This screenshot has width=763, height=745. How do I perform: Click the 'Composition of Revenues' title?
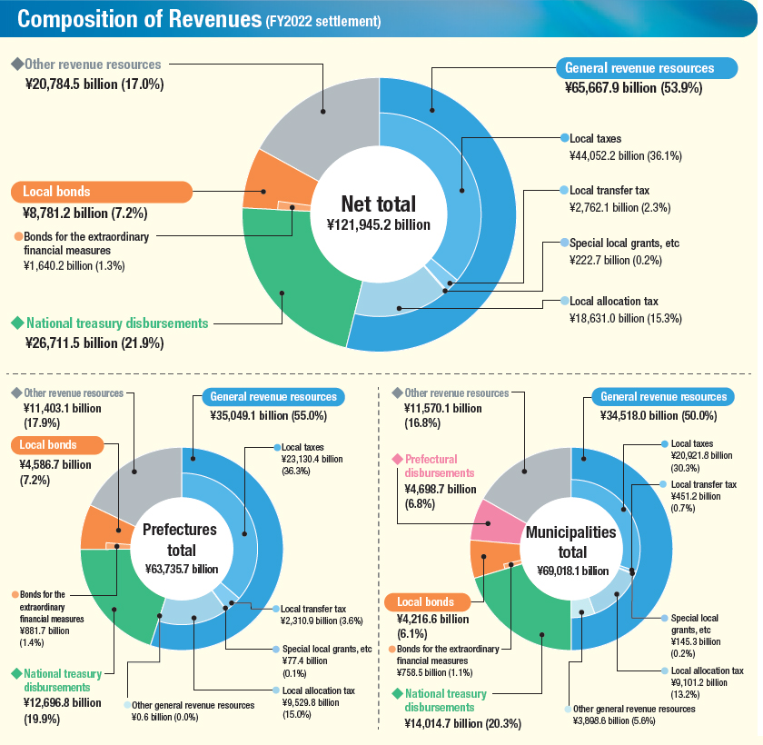[139, 21]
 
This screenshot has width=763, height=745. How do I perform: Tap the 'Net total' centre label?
[378, 204]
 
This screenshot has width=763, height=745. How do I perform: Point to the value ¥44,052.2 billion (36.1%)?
[625, 156]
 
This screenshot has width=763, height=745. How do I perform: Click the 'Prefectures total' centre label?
[182, 540]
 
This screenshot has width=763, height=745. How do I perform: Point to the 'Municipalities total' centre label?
[571, 541]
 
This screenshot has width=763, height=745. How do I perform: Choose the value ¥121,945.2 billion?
[378, 223]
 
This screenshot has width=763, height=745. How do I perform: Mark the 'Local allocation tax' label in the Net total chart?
[613, 301]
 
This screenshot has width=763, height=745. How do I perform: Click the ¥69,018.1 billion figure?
[571, 570]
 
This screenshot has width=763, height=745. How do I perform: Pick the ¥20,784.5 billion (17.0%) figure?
[94, 84]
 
